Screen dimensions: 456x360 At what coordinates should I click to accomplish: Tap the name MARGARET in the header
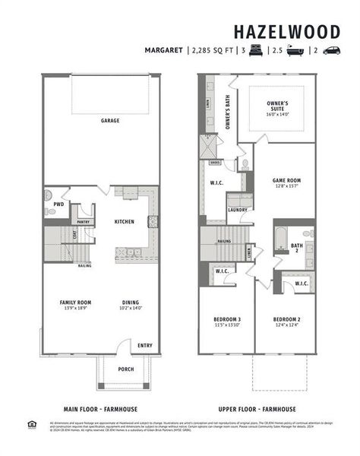pyautogui.click(x=164, y=51)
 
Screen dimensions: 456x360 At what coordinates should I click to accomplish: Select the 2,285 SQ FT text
pyautogui.click(x=211, y=51)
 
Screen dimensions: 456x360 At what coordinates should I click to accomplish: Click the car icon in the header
pyautogui.click(x=332, y=51)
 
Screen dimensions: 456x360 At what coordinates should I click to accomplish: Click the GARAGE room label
pyautogui.click(x=111, y=120)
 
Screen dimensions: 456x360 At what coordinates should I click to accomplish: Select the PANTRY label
pyautogui.click(x=84, y=222)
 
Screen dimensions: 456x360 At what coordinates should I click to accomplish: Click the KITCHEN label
pyautogui.click(x=125, y=221)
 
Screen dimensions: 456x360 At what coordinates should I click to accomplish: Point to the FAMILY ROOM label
pyautogui.click(x=75, y=302)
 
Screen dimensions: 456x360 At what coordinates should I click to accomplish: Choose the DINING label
pyautogui.click(x=130, y=302)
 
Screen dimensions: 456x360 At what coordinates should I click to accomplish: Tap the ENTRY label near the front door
pyautogui.click(x=144, y=345)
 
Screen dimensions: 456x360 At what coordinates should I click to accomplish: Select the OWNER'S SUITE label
pyautogui.click(x=277, y=108)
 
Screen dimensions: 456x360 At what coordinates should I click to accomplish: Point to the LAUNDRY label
pyautogui.click(x=238, y=210)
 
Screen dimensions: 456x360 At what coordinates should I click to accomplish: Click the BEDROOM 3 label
pyautogui.click(x=227, y=318)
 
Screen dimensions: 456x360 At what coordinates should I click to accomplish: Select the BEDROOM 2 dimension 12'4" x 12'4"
pyautogui.click(x=286, y=325)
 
